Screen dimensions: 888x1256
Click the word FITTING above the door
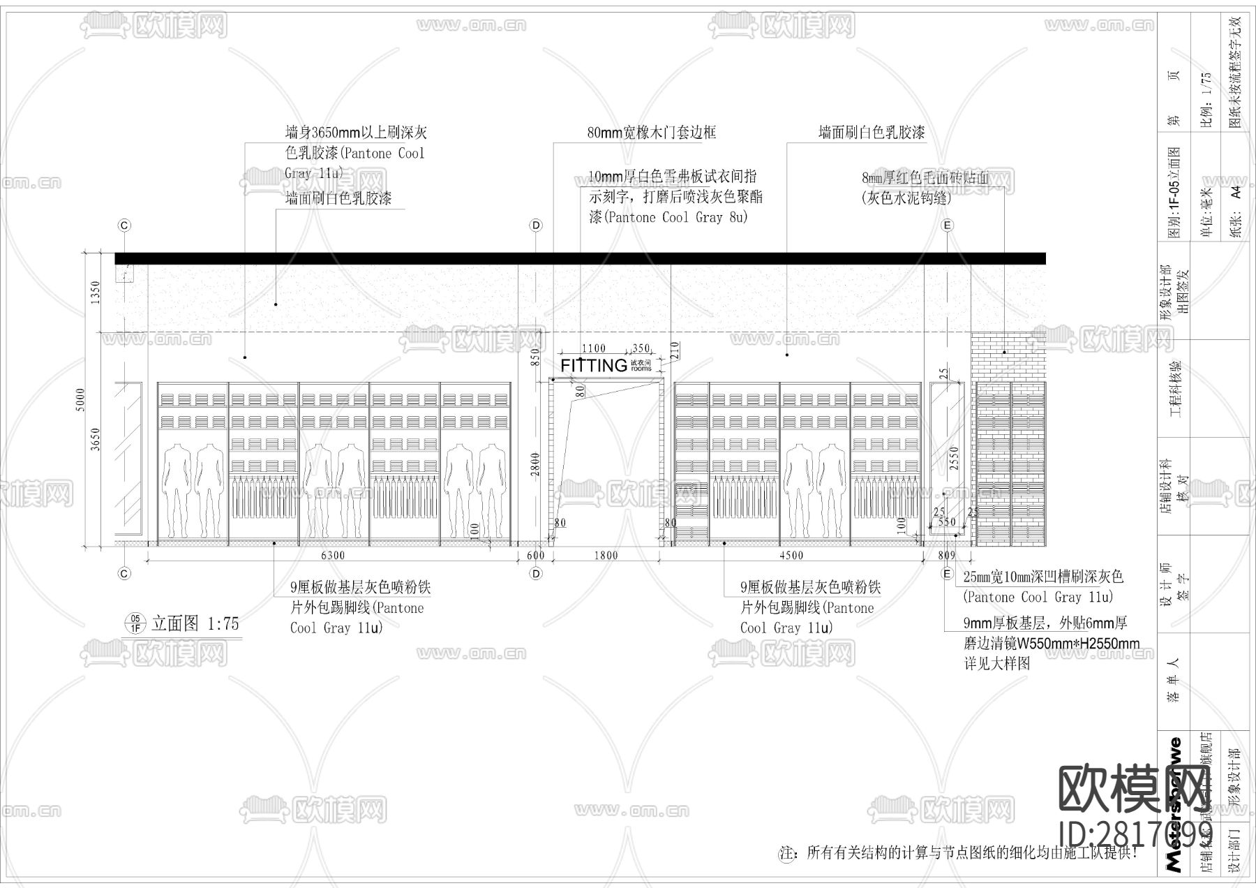(x=594, y=365)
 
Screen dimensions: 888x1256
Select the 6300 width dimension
(x=332, y=556)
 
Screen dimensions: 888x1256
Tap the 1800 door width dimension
(x=606, y=556)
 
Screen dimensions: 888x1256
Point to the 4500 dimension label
(x=791, y=556)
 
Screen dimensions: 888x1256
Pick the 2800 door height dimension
(x=535, y=464)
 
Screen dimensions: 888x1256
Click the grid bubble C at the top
(x=124, y=225)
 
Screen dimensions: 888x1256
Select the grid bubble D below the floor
(x=536, y=574)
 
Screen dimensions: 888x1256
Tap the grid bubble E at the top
(x=947, y=225)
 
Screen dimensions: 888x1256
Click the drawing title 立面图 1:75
(x=195, y=623)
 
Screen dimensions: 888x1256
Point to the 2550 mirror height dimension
(x=955, y=458)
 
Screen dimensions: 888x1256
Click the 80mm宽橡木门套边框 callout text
(x=651, y=133)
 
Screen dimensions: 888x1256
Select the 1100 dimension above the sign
(x=593, y=348)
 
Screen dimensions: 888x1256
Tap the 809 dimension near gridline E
(x=947, y=556)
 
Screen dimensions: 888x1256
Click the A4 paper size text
(x=1236, y=192)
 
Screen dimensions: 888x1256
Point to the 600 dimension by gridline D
(x=536, y=556)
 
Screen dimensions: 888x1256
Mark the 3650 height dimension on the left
(x=96, y=438)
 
